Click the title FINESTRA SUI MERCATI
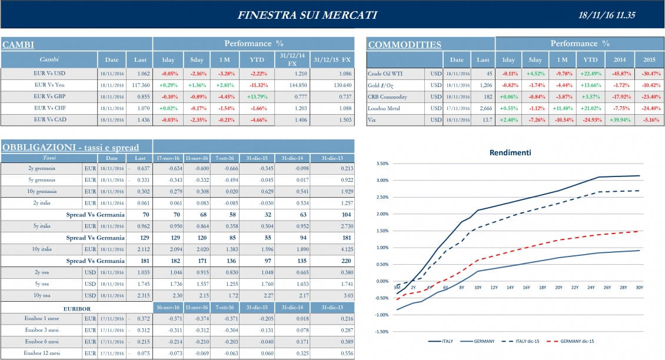coord(307,15)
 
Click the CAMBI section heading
coord(18,45)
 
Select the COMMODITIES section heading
coord(404,45)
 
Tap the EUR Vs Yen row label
coord(49,85)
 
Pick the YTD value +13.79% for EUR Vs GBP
coord(257,96)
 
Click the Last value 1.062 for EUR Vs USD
coord(140,74)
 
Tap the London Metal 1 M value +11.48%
coord(562,108)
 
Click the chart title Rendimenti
coord(510,152)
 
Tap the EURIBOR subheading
coord(77,308)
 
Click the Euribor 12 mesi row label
coord(41,354)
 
